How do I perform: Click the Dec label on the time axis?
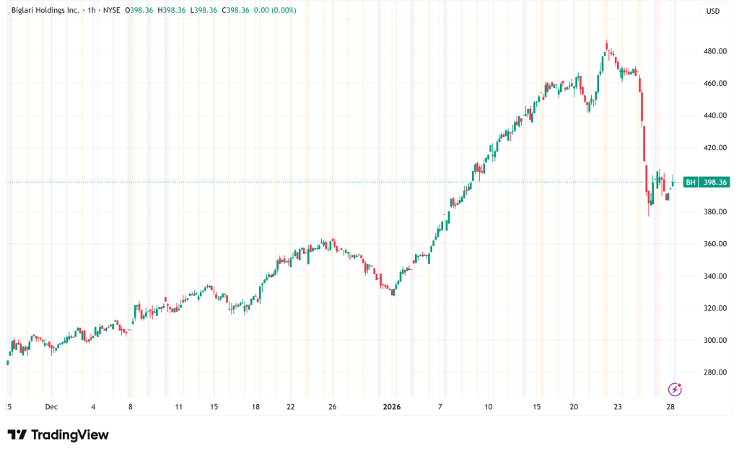(51, 407)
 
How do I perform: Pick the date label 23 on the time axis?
(618, 407)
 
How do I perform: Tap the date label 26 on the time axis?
(332, 407)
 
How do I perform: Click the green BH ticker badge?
(690, 182)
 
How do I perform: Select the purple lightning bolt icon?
(675, 390)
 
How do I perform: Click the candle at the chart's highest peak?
(606, 45)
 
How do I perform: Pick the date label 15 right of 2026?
(537, 407)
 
